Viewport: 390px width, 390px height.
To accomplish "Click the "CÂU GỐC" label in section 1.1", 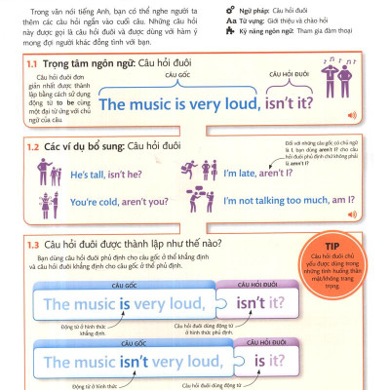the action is [176, 74].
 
